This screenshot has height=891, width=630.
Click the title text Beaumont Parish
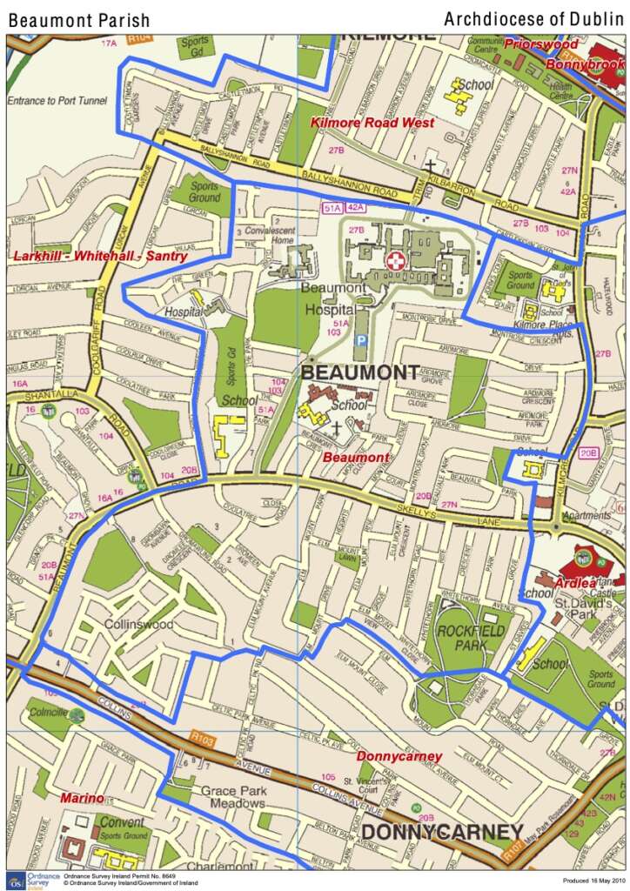click(79, 20)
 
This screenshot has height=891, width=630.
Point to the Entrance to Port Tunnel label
click(57, 101)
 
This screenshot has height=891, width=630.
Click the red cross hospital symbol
click(396, 259)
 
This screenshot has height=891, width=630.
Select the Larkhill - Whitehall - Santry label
click(100, 256)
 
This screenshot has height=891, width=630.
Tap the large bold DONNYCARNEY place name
click(442, 832)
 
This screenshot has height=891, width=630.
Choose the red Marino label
click(82, 798)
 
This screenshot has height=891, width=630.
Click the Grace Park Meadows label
click(233, 797)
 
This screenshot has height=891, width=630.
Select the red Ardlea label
click(575, 581)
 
